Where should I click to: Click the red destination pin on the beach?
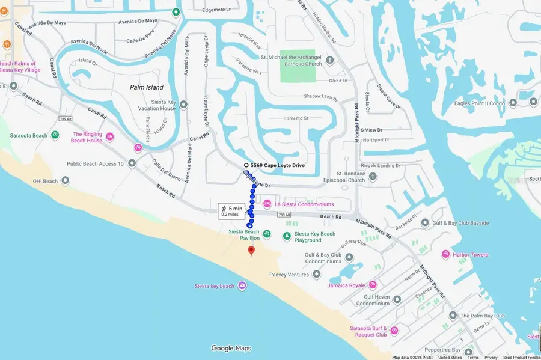(251, 251)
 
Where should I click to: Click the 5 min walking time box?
(233, 210)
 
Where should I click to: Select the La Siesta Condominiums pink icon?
(267, 204)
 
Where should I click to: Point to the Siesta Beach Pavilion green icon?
(267, 234)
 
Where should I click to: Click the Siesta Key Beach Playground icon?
(287, 235)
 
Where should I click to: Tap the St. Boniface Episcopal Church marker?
(373, 176)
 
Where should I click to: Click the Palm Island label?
(147, 87)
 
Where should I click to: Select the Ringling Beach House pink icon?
(110, 137)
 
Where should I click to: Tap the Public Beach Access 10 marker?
(132, 163)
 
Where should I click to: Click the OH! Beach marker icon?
(66, 181)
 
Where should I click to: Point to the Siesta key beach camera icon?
(242, 285)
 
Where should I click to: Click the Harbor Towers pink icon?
(445, 254)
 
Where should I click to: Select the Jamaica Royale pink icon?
(373, 285)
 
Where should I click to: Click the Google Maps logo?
(231, 348)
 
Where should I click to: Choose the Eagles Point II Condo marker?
(513, 103)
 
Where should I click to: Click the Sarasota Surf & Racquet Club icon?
(394, 331)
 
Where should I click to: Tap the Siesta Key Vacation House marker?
(183, 105)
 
